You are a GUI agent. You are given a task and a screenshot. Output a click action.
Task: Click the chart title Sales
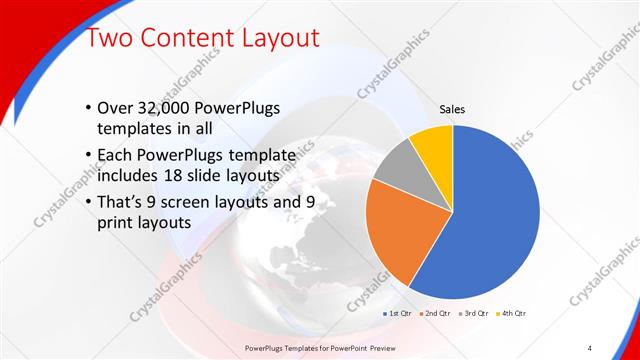tap(453, 110)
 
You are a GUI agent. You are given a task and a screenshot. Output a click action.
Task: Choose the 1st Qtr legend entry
tap(400, 313)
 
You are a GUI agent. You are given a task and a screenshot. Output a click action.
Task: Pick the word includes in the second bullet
tap(128, 177)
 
